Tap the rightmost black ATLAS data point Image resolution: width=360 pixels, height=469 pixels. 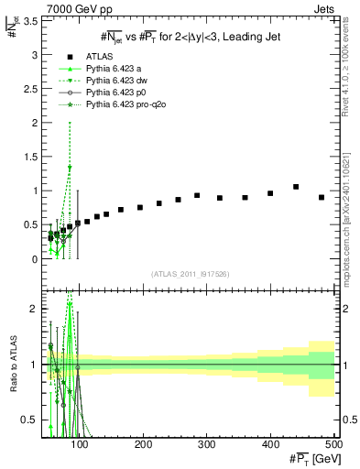[x=322, y=197]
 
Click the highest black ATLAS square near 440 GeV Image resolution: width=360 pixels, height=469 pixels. [x=296, y=187]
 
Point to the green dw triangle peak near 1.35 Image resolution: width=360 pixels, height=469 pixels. [x=70, y=168]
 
